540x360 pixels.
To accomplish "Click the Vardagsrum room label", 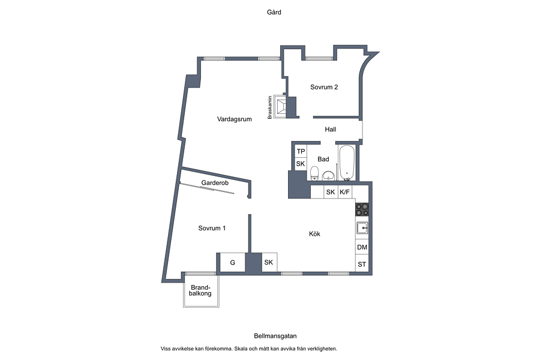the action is tap(234, 119).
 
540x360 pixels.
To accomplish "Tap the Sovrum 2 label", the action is tap(324, 87).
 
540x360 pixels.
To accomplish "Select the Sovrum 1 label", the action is tap(212, 228).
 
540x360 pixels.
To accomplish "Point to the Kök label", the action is tap(314, 234).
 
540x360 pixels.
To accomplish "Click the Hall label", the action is tap(330, 129).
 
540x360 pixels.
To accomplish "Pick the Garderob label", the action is tap(215, 182).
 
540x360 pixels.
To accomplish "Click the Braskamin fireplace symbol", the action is tap(280, 107).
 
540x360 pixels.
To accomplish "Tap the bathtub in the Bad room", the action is tap(347, 163).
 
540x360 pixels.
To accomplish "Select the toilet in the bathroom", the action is tap(314, 173).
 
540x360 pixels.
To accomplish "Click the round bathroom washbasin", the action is tap(329, 176).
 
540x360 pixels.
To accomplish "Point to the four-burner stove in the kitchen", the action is tap(362, 209).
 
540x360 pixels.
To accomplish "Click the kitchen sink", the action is tap(362, 228).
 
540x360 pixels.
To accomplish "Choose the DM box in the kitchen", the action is tap(362, 247).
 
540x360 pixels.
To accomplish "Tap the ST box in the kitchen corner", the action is tap(362, 264).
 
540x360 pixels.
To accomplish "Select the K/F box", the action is tap(345, 192).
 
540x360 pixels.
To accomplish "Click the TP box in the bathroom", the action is tap(301, 151).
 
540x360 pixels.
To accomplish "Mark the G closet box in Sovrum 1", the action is tap(232, 263).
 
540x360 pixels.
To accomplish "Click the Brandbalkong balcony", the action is tap(201, 290).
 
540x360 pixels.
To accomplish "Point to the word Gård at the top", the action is tap(274, 13).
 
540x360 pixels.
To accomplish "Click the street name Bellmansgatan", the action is tap(275, 336).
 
